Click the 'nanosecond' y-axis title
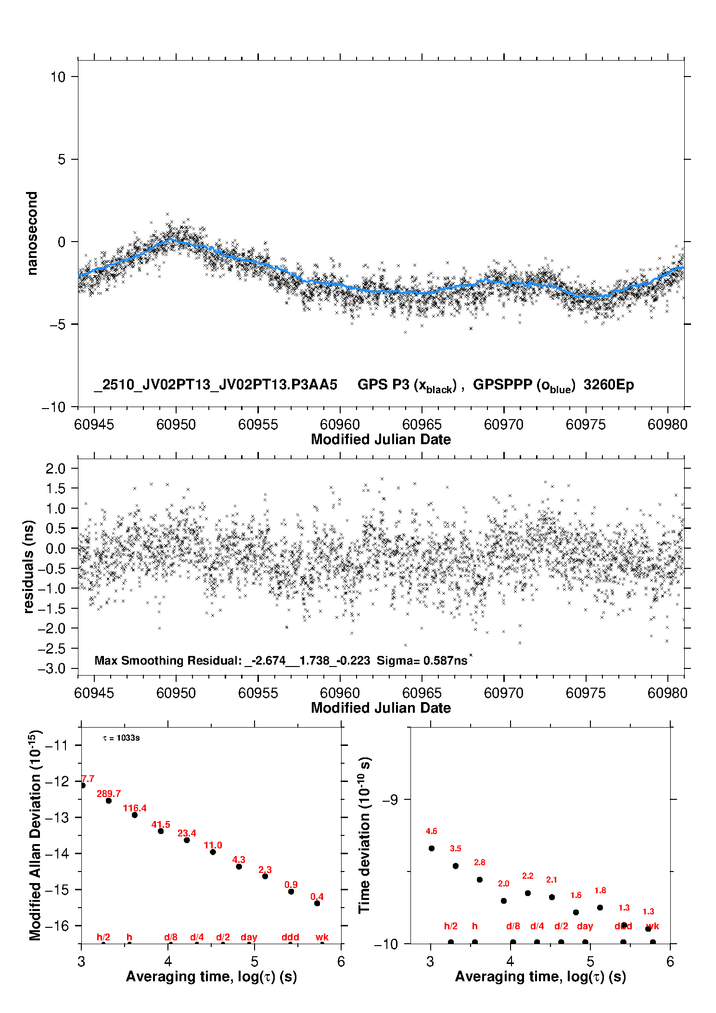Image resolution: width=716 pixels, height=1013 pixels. (x=32, y=233)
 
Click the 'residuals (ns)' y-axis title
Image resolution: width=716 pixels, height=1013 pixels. (x=29, y=566)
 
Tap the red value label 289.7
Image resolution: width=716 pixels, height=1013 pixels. (x=109, y=794)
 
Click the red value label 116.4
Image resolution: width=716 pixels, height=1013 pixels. (x=135, y=808)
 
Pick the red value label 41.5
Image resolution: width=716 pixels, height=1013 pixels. (x=161, y=824)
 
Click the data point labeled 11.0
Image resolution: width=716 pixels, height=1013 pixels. (x=213, y=852)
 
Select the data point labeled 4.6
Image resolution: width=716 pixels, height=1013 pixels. (x=432, y=848)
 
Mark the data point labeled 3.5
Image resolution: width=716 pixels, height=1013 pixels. (x=456, y=866)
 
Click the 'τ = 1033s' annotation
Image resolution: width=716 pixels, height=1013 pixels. (x=121, y=738)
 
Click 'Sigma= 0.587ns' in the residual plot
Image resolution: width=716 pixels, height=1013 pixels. (x=422, y=661)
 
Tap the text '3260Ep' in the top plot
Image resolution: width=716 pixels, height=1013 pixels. (x=609, y=385)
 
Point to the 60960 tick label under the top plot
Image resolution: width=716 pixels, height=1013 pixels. (x=340, y=424)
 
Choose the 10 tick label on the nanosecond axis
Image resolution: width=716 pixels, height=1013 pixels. (x=58, y=77)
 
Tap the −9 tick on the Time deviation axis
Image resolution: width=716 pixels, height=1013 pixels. (x=390, y=800)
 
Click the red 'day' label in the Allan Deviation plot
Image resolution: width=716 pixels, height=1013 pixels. (x=249, y=937)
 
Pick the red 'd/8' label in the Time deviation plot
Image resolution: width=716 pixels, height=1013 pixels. (x=513, y=926)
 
